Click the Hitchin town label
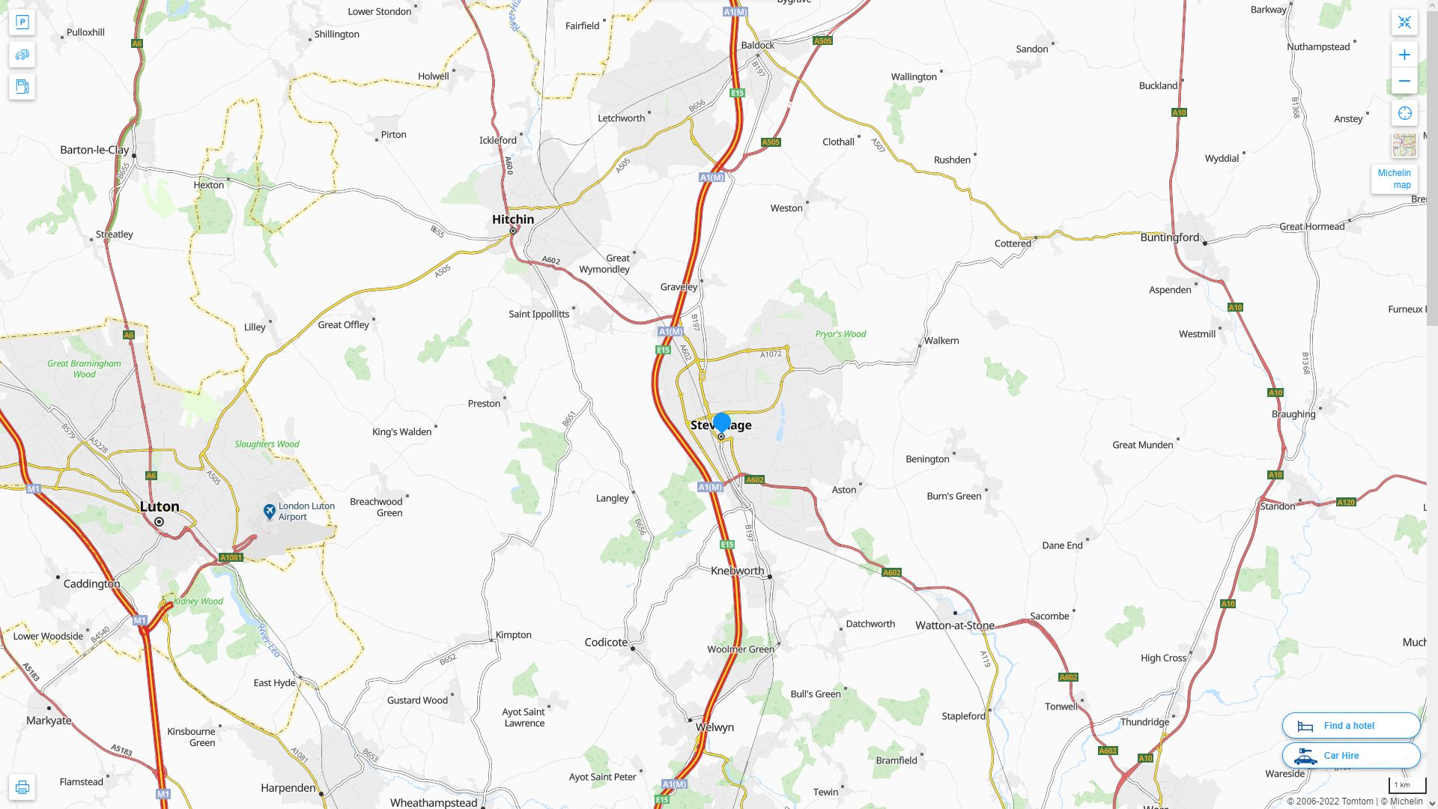[x=513, y=219]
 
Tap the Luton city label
[x=160, y=507]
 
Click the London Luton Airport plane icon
[x=270, y=512]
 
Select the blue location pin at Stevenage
[x=722, y=422]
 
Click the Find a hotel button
[x=1350, y=726]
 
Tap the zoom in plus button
[x=1404, y=55]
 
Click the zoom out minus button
[x=1404, y=81]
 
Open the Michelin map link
[x=1394, y=179]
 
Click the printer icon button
[x=22, y=787]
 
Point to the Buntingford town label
[x=1170, y=237]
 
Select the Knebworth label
[x=737, y=571]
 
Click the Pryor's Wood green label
[x=840, y=334]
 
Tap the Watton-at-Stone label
[x=955, y=625]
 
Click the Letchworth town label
[x=621, y=118]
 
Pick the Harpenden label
[x=288, y=788]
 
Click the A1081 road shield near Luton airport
[x=231, y=557]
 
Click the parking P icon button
[x=22, y=22]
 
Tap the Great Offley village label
[x=343, y=325]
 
